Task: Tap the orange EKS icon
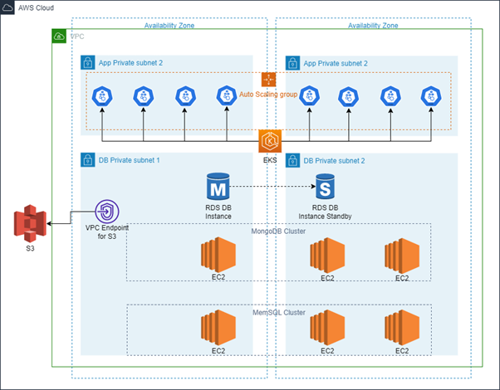click(269, 139)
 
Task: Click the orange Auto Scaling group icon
click(268, 79)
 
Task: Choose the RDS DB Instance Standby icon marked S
click(323, 187)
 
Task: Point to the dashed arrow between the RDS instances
click(272, 187)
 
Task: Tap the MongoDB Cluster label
click(279, 231)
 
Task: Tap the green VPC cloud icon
click(59, 37)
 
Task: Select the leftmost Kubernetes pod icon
click(101, 96)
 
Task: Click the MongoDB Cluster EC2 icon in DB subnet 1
click(218, 254)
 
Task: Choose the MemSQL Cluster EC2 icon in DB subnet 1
click(218, 328)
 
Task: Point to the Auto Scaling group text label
click(268, 95)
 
